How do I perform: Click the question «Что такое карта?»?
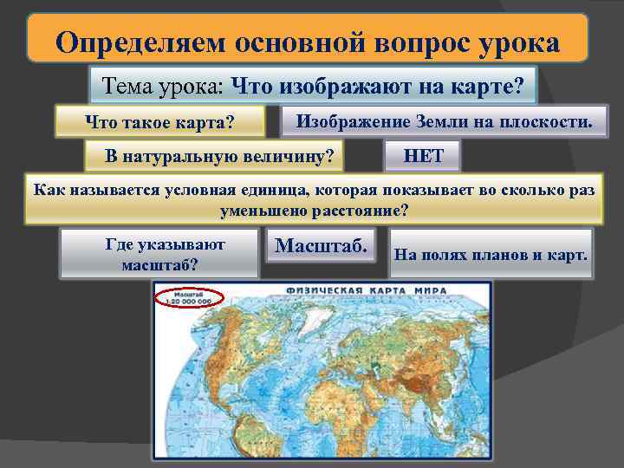tap(159, 122)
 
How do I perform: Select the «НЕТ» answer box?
tap(423, 156)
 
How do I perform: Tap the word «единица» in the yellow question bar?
tap(276, 191)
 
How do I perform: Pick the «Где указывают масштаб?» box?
tap(159, 253)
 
